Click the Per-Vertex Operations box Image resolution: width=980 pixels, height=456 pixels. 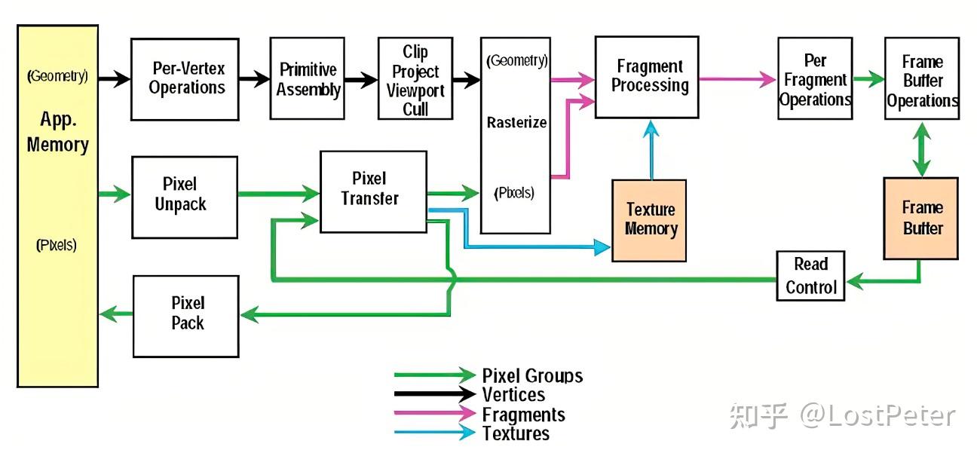(x=185, y=79)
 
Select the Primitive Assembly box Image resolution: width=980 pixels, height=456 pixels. (x=307, y=78)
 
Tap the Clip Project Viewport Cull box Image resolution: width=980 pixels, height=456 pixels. (x=415, y=78)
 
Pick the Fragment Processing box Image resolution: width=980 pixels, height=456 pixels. (x=647, y=77)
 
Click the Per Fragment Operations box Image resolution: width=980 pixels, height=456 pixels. (x=815, y=78)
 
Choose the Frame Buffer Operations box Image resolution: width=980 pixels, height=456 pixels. (x=922, y=78)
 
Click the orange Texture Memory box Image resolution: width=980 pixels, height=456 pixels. (x=649, y=221)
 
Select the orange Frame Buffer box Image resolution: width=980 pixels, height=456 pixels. (x=921, y=219)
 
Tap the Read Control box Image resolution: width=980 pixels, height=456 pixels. (x=810, y=276)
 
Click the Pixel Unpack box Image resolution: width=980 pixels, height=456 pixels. (x=185, y=197)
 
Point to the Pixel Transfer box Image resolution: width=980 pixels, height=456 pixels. (x=373, y=191)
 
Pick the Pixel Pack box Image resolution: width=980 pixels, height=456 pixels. (x=186, y=317)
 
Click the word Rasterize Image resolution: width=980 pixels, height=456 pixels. (x=516, y=123)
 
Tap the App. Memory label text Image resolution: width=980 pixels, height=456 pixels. (x=58, y=132)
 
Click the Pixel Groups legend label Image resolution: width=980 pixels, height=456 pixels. (x=532, y=376)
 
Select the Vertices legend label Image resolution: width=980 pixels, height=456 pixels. (x=513, y=395)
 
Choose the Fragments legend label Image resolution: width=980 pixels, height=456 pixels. (x=524, y=415)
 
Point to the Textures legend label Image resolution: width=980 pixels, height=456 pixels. (x=516, y=433)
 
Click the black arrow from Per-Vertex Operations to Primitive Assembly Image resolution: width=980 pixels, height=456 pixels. (x=255, y=79)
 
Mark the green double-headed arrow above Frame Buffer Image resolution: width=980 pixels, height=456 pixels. (x=921, y=149)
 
